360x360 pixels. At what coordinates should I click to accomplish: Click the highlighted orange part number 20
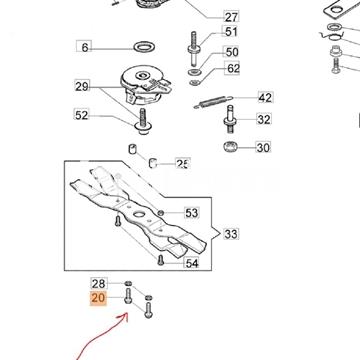98,298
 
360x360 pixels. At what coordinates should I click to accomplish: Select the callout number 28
98,284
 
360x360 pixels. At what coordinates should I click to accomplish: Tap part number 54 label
192,263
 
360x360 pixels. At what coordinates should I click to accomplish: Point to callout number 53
192,213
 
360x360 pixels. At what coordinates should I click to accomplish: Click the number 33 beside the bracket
231,234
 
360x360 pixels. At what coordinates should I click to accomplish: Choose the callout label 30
263,147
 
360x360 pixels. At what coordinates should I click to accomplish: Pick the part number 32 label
264,119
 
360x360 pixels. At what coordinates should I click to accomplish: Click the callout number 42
266,97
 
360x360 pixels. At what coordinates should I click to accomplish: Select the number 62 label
233,68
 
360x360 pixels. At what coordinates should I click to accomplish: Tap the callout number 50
232,52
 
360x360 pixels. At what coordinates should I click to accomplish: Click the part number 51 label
231,32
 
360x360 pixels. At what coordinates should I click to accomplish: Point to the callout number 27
231,17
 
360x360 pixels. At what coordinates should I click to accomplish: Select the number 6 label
84,47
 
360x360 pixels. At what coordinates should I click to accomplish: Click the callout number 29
82,87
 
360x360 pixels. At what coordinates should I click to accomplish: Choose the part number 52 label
82,115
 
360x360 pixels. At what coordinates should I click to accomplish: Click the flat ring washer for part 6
145,46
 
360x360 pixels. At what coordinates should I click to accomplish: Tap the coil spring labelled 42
213,101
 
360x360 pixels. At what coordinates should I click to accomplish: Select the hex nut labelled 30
230,146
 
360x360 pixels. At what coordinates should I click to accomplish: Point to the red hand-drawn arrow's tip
127,314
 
